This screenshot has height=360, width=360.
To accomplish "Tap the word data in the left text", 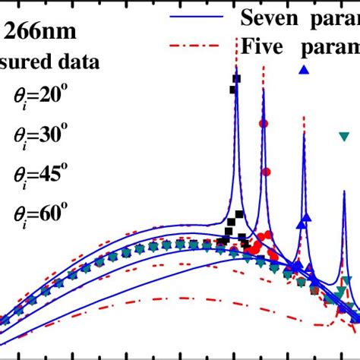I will click(78, 62).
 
